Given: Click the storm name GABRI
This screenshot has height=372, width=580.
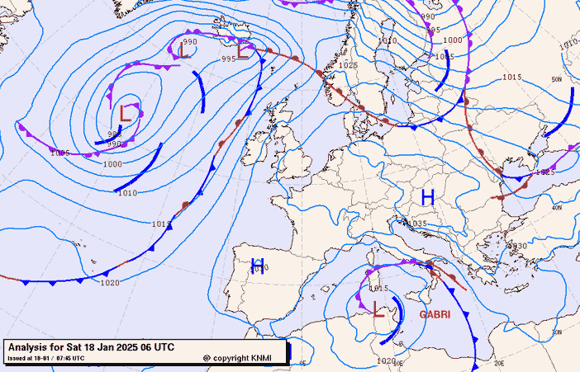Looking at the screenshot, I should click(x=435, y=314).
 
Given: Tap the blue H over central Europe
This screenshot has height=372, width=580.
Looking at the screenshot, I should click(x=428, y=197).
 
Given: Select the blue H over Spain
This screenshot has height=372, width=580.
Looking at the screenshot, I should click(x=257, y=266).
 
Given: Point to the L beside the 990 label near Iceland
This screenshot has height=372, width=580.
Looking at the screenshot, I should click(x=183, y=51).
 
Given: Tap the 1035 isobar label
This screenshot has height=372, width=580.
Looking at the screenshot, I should click(x=416, y=224).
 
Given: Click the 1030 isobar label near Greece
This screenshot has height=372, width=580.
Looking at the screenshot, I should click(x=517, y=246).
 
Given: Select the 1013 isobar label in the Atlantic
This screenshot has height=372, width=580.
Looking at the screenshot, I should click(x=162, y=224).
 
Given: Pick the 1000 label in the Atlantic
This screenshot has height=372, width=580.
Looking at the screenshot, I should click(x=112, y=164).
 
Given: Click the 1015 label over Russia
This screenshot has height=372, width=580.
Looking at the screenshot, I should click(x=512, y=78).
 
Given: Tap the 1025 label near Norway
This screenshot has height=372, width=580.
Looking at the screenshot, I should click(x=349, y=64).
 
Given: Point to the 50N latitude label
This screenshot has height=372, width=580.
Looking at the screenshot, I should click(x=557, y=80).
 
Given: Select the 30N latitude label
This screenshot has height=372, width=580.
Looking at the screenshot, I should click(x=557, y=332).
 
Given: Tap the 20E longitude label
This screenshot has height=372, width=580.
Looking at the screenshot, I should click(x=499, y=362).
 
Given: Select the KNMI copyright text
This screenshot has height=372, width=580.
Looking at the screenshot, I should click(x=243, y=358).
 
